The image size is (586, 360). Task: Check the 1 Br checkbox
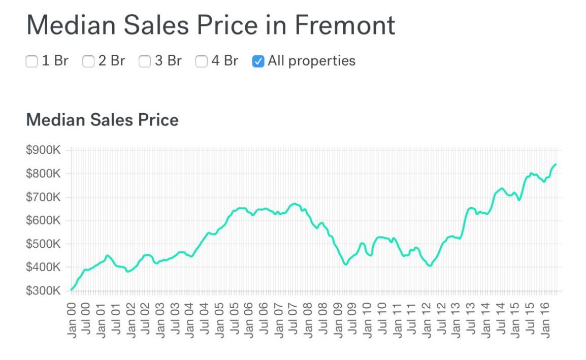click(31, 62)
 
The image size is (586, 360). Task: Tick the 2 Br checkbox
click(88, 62)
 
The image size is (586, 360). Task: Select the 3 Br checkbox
click(145, 62)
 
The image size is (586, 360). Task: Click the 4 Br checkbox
click(202, 62)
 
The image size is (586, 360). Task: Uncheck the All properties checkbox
click(258, 62)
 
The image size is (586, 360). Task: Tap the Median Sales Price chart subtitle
click(102, 120)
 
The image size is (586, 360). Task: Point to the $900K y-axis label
click(43, 150)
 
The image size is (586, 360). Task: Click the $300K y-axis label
click(43, 290)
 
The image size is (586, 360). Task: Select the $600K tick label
click(43, 220)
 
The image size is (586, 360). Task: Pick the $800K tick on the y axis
click(43, 174)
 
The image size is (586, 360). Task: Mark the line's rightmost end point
click(556, 164)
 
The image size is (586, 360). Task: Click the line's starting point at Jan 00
click(72, 289)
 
